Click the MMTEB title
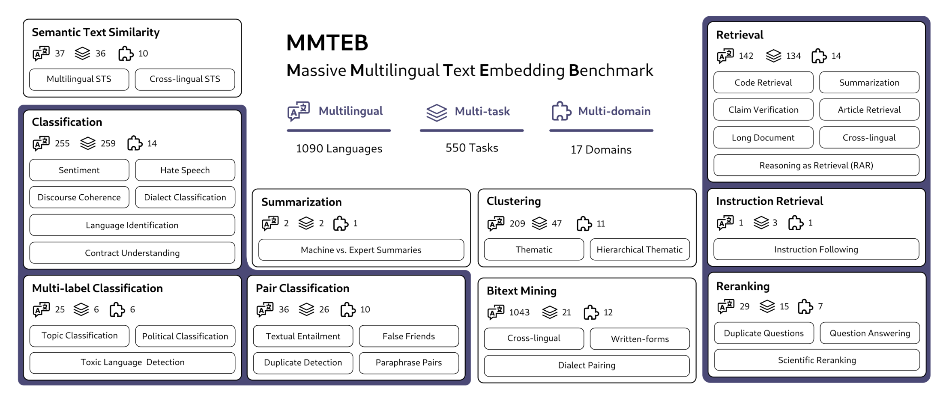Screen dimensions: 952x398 click(327, 42)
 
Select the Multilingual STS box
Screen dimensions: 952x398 click(79, 79)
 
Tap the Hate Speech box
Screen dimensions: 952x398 click(185, 170)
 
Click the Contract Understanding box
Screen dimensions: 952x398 click(132, 252)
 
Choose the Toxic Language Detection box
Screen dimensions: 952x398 click(132, 362)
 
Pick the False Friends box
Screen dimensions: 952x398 click(409, 336)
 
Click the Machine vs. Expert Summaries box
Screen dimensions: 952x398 click(361, 250)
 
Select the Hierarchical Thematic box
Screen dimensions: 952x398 click(640, 249)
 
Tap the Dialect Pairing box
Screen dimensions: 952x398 click(587, 365)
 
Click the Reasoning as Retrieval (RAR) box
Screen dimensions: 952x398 click(816, 165)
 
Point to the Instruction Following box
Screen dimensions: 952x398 click(816, 249)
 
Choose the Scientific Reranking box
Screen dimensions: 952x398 click(817, 360)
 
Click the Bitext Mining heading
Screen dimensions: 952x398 click(521, 291)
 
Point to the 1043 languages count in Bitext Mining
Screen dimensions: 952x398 click(519, 312)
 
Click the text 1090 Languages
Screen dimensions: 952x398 click(339, 149)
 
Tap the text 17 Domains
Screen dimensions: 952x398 click(601, 149)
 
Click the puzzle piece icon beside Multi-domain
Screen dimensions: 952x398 click(561, 111)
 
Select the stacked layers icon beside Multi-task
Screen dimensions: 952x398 click(437, 112)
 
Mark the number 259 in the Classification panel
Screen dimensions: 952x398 click(108, 143)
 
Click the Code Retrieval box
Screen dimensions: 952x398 click(763, 83)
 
